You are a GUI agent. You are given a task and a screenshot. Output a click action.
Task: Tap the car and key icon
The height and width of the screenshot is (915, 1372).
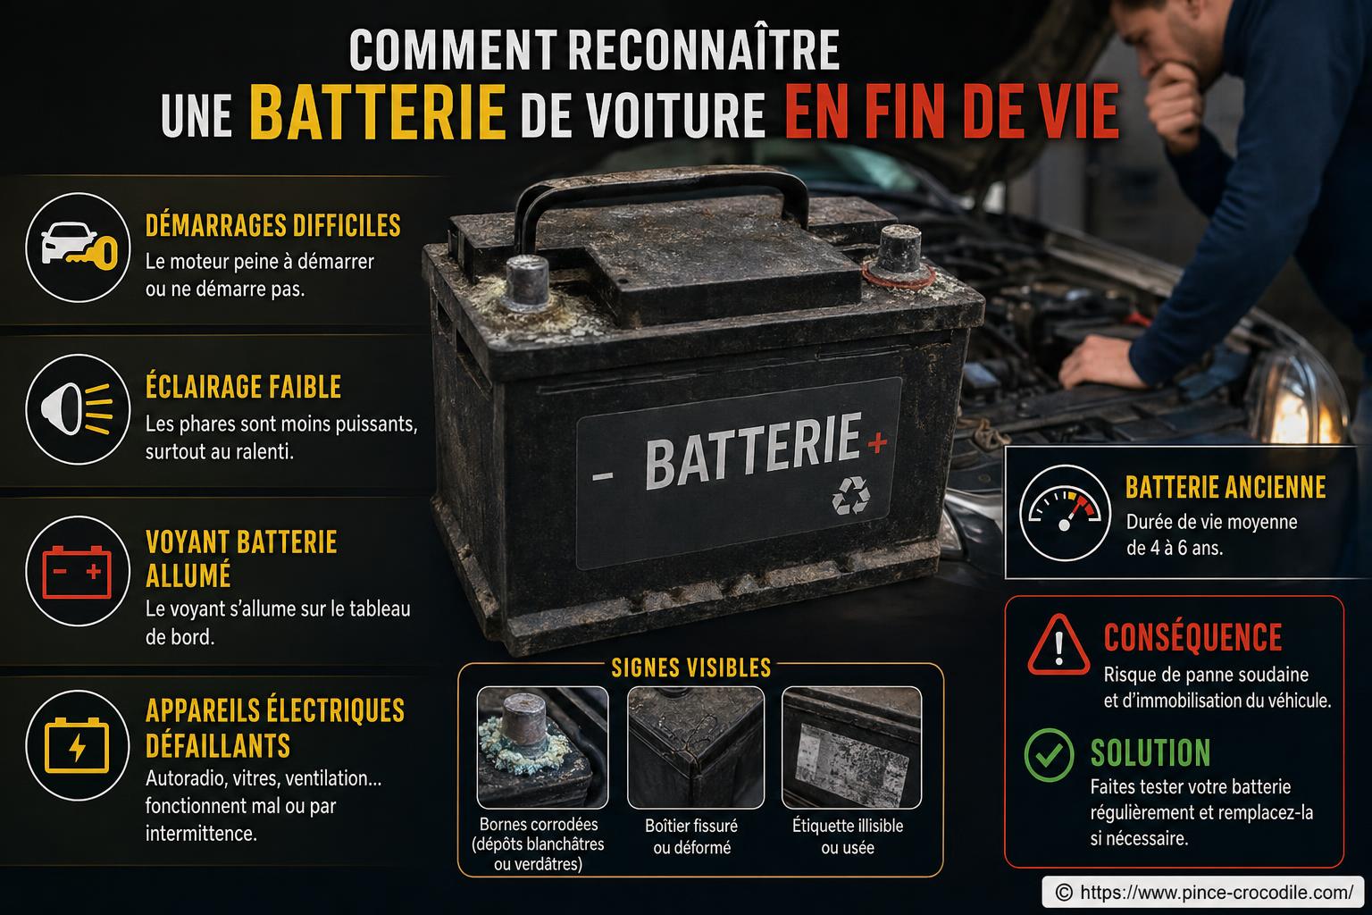79,246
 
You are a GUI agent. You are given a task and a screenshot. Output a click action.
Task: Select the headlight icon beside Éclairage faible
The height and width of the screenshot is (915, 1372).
79,408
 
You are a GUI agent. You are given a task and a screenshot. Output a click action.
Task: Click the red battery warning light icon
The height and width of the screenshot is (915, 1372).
79,570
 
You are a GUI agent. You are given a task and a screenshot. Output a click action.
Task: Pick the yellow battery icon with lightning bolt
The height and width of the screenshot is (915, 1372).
79,744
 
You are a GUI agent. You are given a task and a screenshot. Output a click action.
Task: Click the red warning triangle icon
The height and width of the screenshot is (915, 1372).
1058,643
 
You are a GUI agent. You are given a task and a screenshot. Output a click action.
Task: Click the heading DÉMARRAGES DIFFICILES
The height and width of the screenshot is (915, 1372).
272,225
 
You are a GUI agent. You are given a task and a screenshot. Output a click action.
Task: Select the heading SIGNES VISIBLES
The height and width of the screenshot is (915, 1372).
690,667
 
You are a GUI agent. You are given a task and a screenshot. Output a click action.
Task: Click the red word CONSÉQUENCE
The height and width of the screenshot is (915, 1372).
1192,637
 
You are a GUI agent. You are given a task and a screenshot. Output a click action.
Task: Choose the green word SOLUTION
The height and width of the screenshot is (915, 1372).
1150,753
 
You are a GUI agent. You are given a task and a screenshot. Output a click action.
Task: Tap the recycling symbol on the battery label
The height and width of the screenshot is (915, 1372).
849,495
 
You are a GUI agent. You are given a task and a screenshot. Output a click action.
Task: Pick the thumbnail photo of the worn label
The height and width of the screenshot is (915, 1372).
851,746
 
